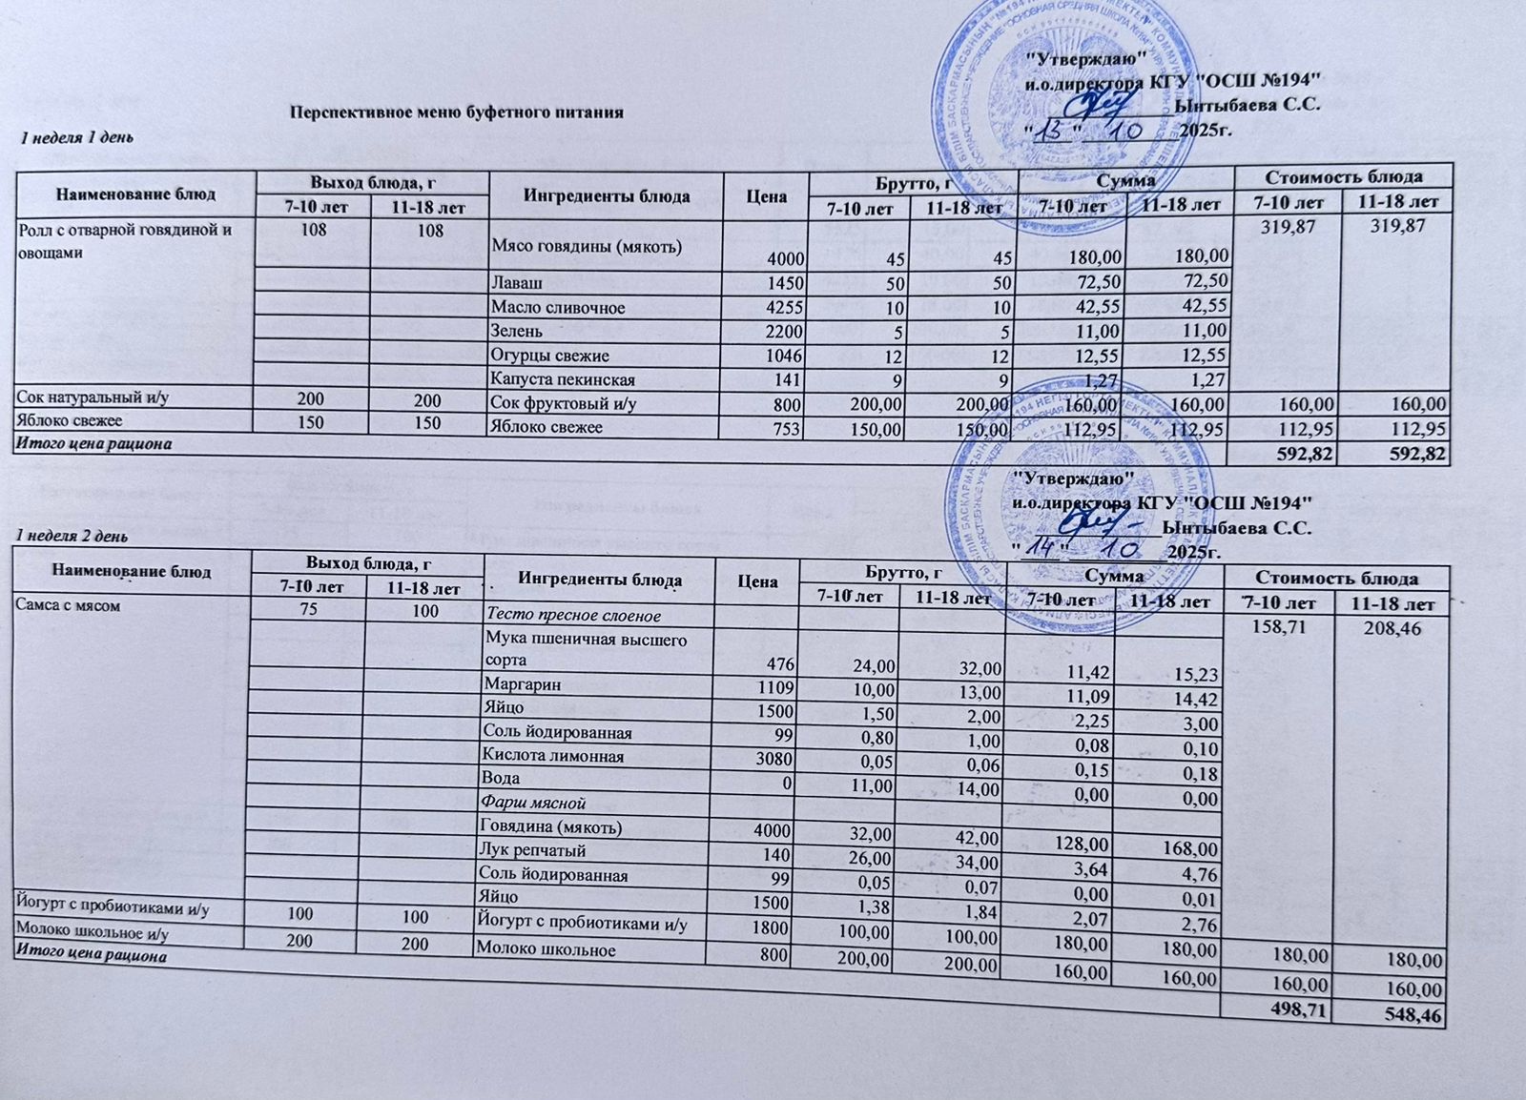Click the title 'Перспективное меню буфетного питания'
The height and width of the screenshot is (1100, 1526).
(457, 112)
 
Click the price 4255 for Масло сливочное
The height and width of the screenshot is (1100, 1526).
(786, 308)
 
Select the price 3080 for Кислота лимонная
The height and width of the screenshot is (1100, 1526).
(771, 757)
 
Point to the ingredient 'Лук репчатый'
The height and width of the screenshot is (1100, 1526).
(535, 849)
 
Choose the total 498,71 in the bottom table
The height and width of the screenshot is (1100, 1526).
(1296, 1010)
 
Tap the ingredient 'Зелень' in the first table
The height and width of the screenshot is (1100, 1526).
(516, 332)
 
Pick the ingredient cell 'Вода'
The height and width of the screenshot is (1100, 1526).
(502, 779)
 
